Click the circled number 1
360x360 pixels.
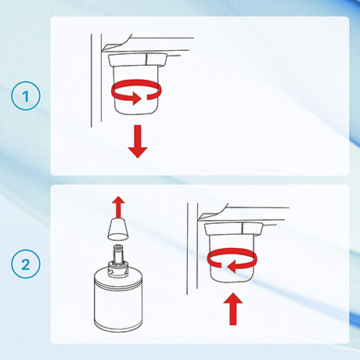pyautogui.click(x=26, y=95)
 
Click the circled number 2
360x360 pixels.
pyautogui.click(x=26, y=264)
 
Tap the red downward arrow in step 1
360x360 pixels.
pyautogui.click(x=138, y=142)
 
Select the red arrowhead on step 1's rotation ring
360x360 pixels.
pyautogui.click(x=136, y=99)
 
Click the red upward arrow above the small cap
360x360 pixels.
pyautogui.click(x=119, y=207)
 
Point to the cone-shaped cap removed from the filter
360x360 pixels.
pyautogui.click(x=118, y=229)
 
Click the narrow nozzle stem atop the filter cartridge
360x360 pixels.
pyautogui.click(x=119, y=253)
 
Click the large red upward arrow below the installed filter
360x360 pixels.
pyautogui.click(x=233, y=309)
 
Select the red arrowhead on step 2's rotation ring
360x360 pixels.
pyautogui.click(x=232, y=267)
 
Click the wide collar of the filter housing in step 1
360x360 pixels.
pyautogui.click(x=138, y=60)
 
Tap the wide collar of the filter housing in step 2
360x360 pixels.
pyautogui.click(x=233, y=229)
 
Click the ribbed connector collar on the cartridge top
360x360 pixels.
pyautogui.click(x=118, y=268)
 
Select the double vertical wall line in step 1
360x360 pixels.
pyautogui.click(x=96, y=81)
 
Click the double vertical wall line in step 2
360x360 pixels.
pyautogui.click(x=193, y=249)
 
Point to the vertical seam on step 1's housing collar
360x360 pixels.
pyautogui.click(x=146, y=59)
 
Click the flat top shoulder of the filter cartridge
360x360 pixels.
pyautogui.click(x=118, y=277)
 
